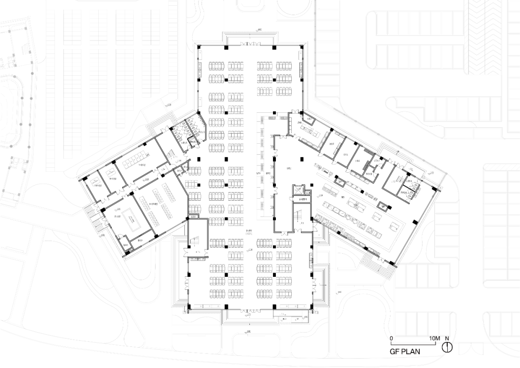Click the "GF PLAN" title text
pos(404,352)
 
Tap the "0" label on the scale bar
pos(391,339)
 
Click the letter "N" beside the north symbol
pos(447,339)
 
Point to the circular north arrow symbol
pos(448,347)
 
